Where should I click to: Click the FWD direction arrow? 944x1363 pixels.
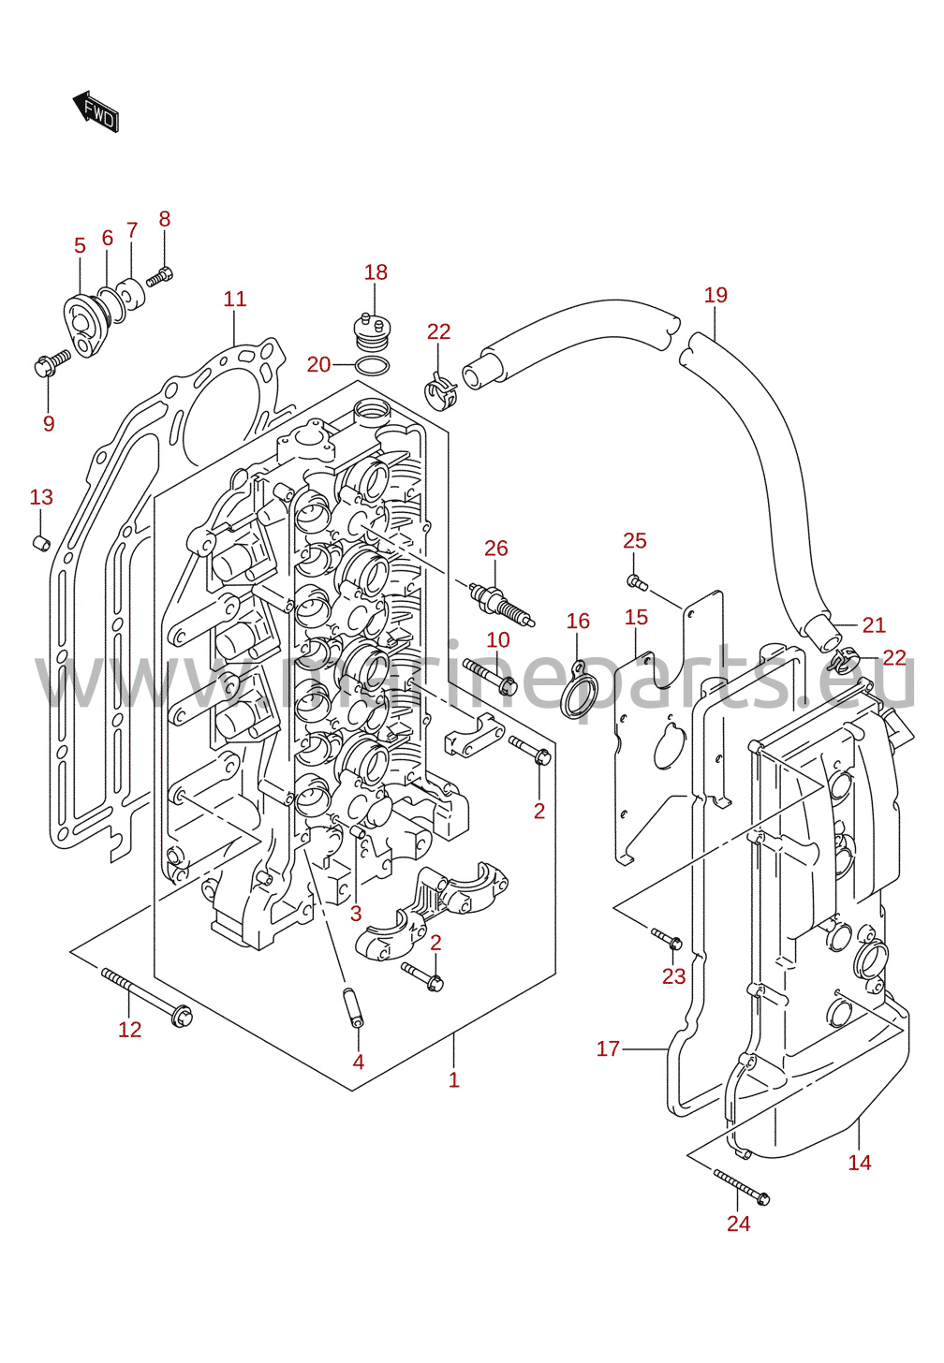click(x=96, y=111)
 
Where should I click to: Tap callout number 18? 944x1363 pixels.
click(x=376, y=272)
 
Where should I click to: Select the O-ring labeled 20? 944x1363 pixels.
click(x=371, y=366)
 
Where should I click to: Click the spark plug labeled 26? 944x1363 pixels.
click(x=502, y=605)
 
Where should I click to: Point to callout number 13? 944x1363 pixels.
click(x=41, y=497)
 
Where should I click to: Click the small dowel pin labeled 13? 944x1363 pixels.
click(x=41, y=541)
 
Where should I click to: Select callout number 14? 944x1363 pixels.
click(x=860, y=1163)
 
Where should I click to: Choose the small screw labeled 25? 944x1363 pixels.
click(x=637, y=581)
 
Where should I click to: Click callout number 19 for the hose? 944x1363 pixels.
click(x=715, y=295)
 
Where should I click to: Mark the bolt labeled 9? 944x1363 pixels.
click(x=52, y=363)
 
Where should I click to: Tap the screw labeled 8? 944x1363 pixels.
click(x=160, y=277)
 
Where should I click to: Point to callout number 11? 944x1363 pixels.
click(x=235, y=299)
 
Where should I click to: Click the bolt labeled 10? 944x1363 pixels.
click(x=490, y=676)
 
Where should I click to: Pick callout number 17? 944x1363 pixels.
click(x=608, y=1048)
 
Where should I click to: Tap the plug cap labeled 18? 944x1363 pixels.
click(x=371, y=331)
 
